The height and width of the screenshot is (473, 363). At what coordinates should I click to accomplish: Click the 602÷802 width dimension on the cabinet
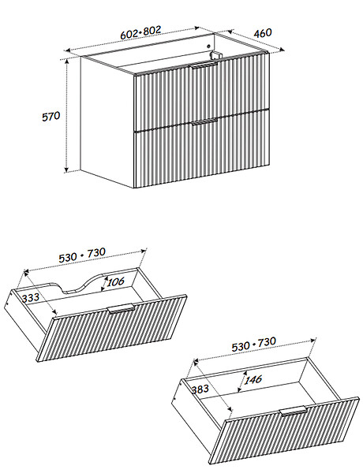(140, 32)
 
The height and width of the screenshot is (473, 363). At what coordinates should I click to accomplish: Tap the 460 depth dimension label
(263, 32)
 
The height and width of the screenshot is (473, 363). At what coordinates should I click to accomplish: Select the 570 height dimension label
(51, 117)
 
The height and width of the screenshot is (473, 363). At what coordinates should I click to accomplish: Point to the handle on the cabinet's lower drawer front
(204, 121)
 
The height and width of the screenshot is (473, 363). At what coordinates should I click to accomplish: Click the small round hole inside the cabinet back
(208, 47)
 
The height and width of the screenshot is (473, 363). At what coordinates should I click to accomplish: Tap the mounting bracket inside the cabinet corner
(215, 55)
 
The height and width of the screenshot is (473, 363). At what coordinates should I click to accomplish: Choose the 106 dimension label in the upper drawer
(116, 282)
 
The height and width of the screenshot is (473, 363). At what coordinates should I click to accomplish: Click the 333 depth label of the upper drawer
(31, 298)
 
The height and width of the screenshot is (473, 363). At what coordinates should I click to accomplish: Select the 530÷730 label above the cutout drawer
(82, 255)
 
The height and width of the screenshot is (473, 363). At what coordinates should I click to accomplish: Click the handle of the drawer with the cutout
(121, 308)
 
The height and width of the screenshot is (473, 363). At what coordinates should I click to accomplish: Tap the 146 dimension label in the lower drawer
(253, 380)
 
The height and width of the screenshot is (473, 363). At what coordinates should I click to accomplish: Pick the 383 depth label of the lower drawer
(200, 389)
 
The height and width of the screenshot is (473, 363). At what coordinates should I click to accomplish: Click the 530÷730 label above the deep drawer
(253, 345)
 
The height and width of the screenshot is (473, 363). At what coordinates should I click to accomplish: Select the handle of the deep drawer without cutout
(294, 412)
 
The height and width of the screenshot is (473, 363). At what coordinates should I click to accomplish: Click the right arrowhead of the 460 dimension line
(283, 50)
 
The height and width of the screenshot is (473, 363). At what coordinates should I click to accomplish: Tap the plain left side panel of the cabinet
(107, 121)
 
